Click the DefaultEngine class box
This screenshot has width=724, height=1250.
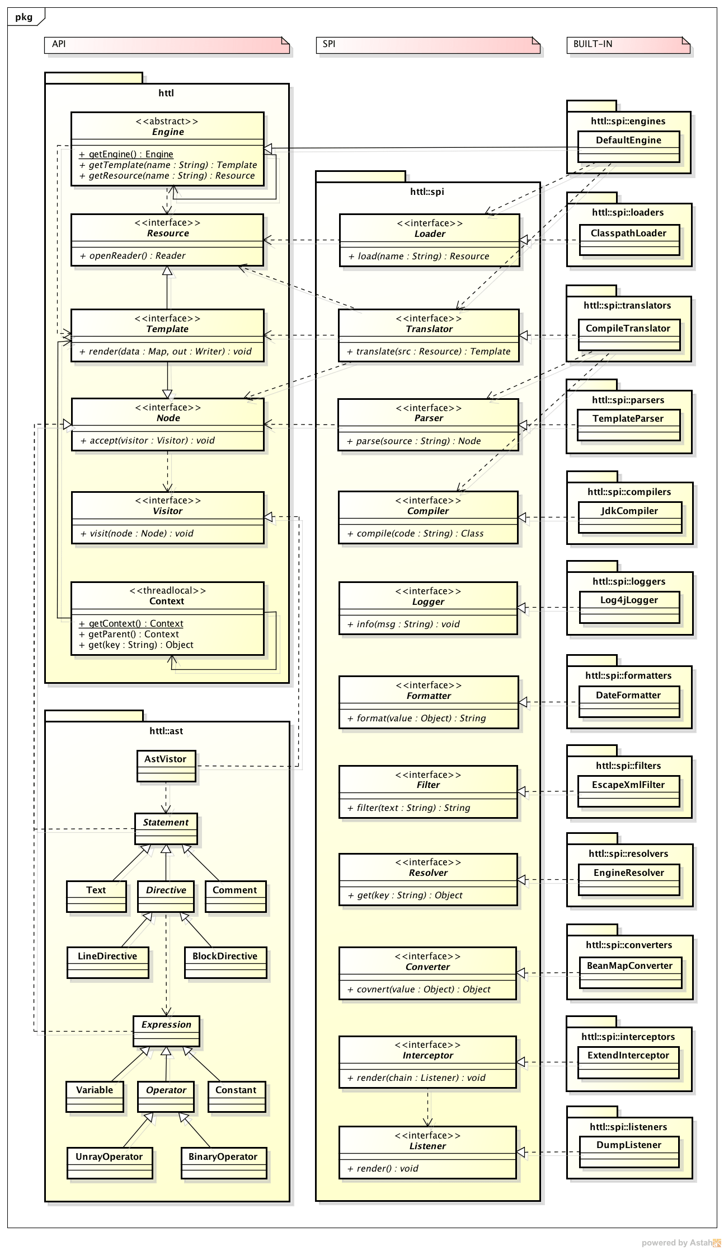tap(628, 146)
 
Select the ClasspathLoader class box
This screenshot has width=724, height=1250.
tap(629, 239)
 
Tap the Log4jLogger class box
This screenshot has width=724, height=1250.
tap(629, 607)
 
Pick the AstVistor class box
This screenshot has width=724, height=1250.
tap(166, 766)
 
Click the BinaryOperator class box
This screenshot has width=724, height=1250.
tap(223, 1163)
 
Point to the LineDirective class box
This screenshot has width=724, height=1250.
tap(107, 962)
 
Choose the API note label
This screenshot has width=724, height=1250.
tap(59, 44)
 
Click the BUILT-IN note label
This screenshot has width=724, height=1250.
tap(593, 44)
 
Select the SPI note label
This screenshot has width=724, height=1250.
tap(329, 44)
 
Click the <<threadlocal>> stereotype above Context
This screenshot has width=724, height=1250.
tap(167, 590)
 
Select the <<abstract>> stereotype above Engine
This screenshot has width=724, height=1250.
tap(167, 121)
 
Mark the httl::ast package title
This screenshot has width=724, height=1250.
tap(166, 731)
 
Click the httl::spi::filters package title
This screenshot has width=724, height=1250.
tap(628, 766)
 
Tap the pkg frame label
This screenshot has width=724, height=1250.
tap(23, 17)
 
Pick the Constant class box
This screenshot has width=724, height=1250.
tap(236, 1096)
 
